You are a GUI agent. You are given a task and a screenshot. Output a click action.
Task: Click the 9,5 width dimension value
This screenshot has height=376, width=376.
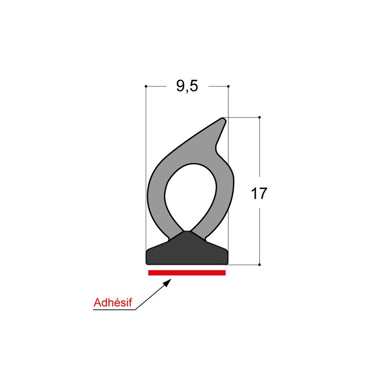(187, 86)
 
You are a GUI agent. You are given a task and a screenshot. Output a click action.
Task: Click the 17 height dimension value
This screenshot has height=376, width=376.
(259, 194)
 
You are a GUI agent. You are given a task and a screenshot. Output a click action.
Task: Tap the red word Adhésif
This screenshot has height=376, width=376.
(113, 303)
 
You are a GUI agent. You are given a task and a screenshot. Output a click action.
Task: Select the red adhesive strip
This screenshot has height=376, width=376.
(187, 273)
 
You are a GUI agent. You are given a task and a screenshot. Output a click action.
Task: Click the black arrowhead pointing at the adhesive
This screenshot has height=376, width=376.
(167, 282)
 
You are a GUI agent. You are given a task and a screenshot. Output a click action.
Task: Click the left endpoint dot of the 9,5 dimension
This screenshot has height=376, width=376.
(146, 86)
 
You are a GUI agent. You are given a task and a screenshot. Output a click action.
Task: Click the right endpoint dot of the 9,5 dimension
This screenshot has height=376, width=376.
(228, 86)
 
